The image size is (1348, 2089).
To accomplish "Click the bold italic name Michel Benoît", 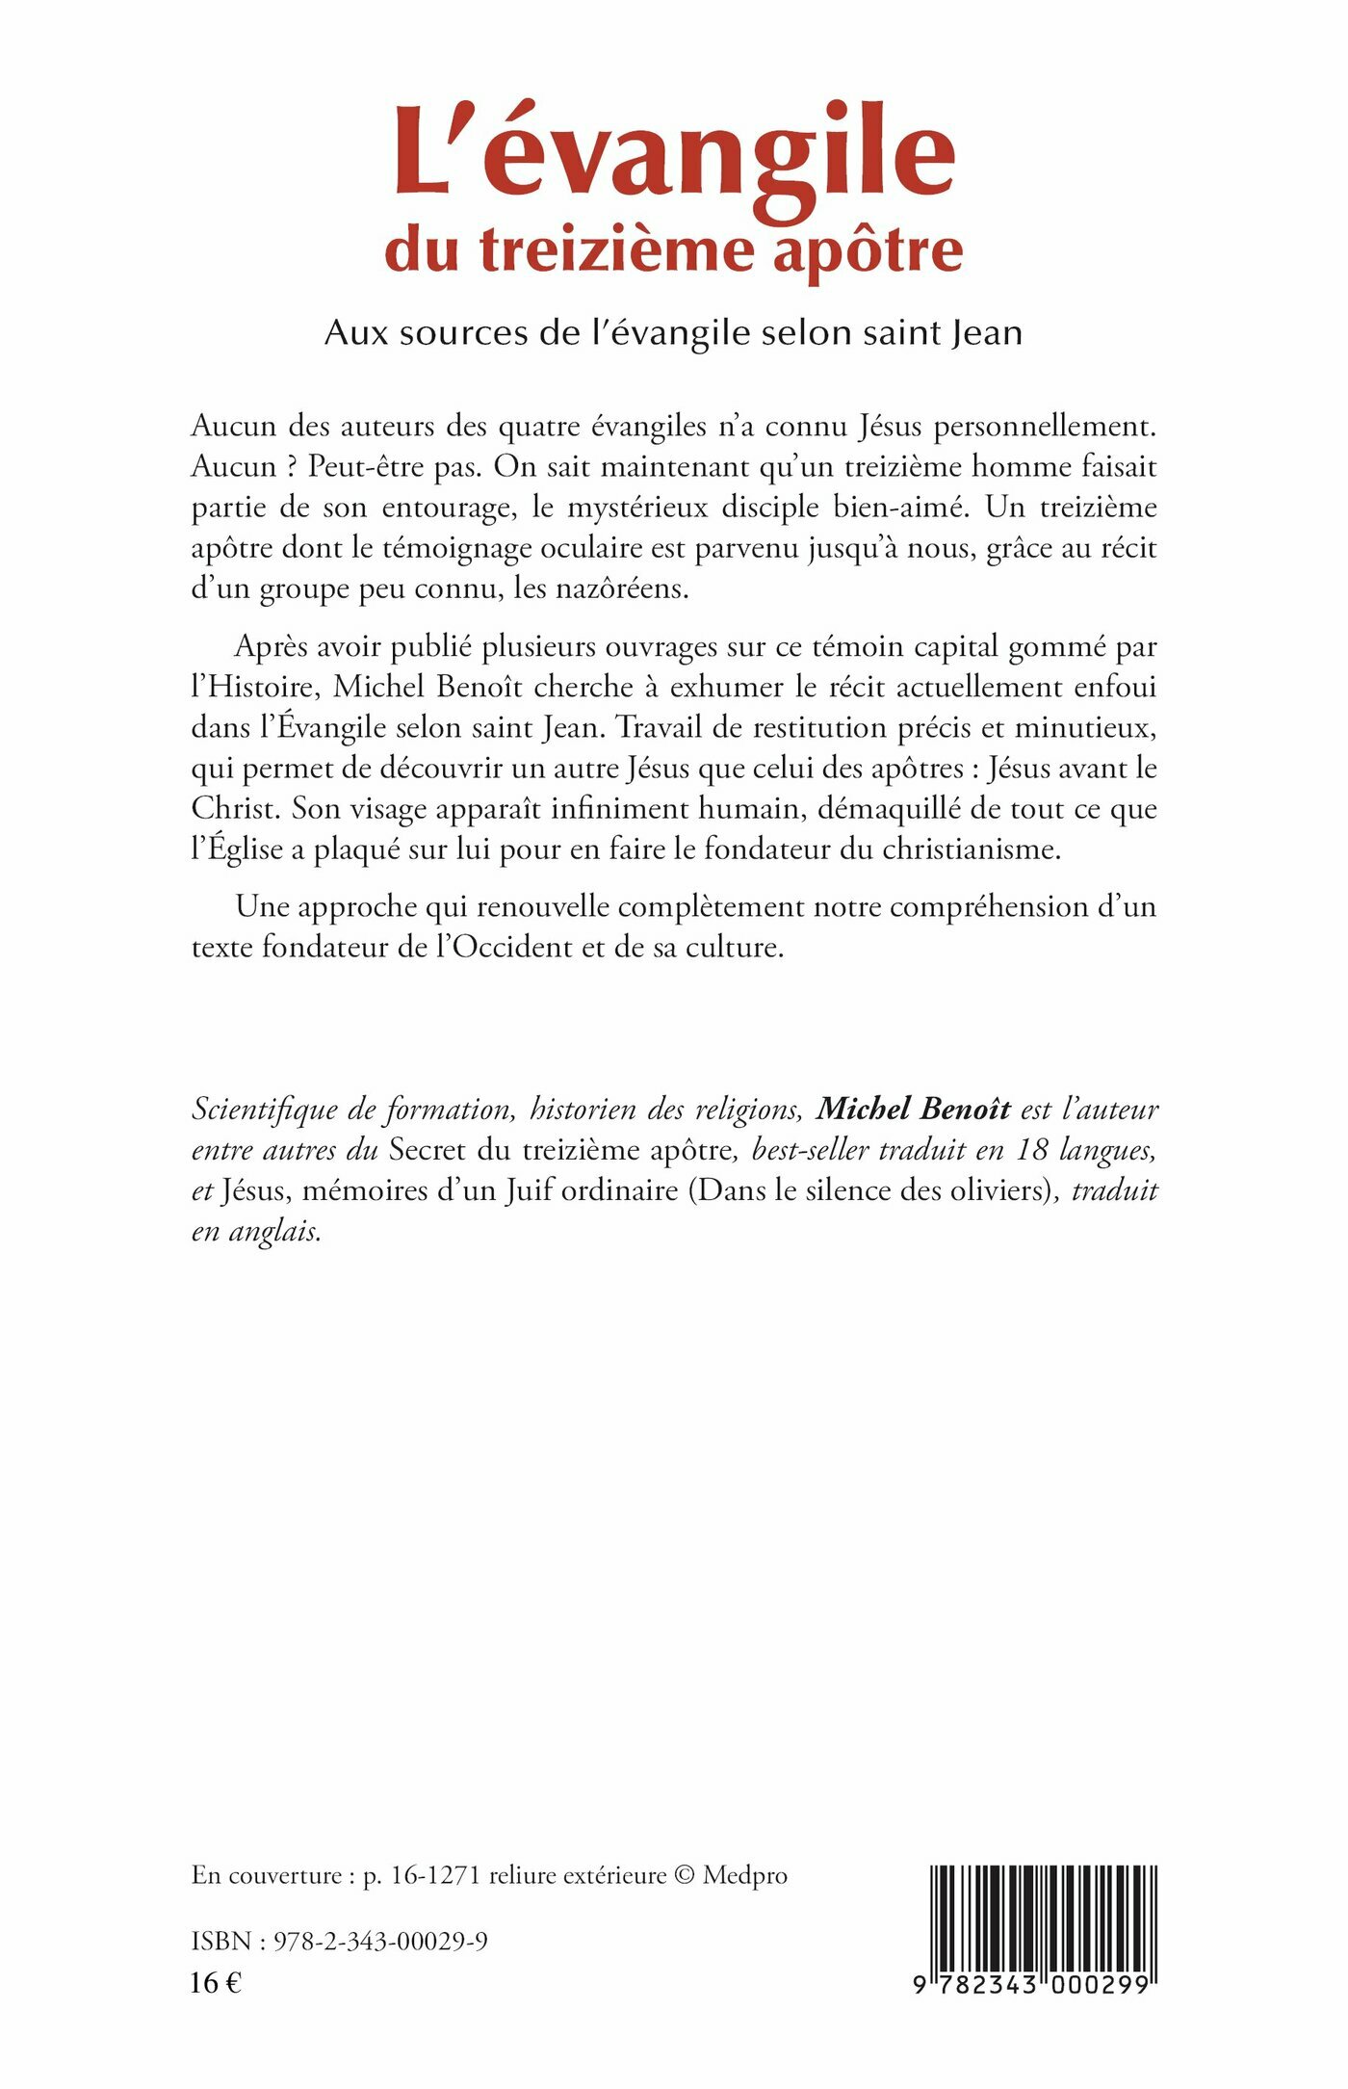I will tap(913, 1110).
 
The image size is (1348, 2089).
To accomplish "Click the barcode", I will tap(1043, 1926).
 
